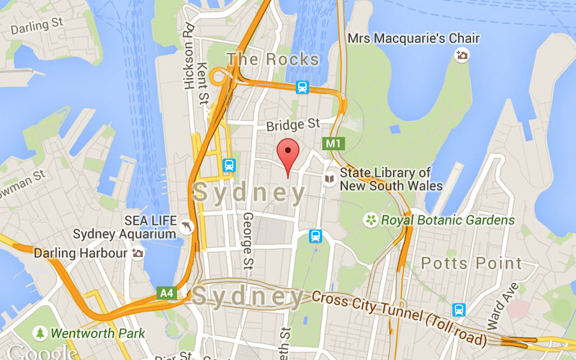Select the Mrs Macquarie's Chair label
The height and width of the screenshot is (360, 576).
pos(402,37)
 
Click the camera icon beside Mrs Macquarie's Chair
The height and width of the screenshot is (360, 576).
pos(462,55)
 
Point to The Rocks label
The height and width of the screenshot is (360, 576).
pos(273,59)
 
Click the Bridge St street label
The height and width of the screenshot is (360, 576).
pos(293,125)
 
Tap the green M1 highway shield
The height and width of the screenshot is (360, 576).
pos(333,143)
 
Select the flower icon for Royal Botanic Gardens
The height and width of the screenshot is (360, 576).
pos(371,220)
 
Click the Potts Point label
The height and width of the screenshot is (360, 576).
pos(471,263)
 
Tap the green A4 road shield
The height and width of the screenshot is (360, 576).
pos(167,292)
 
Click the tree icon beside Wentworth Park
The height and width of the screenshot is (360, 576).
pos(41,333)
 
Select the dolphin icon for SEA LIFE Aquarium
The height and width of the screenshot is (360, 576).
pos(188,227)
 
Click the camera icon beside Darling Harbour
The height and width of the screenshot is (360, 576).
pos(138,253)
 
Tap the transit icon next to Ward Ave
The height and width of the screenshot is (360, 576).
pos(459,310)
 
